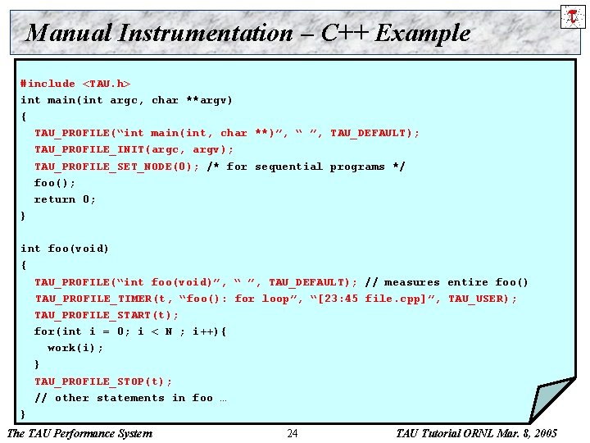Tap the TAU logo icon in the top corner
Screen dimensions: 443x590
tap(572, 16)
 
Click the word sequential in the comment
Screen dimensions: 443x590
tap(288, 167)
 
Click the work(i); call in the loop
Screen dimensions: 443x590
tap(75, 348)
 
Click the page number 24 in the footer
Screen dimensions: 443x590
tap(293, 433)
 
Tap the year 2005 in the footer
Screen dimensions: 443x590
tap(544, 433)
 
